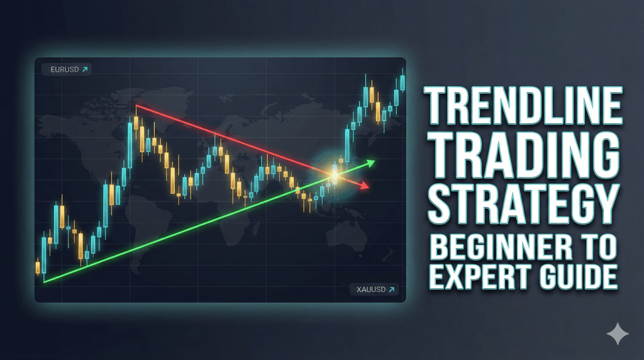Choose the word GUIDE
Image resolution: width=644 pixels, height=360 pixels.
575,277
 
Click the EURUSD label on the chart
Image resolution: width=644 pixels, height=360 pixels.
64,69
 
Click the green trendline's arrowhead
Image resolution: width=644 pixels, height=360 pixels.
370,163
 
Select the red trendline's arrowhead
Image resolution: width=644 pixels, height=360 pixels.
365,185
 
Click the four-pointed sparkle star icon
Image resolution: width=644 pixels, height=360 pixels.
618,334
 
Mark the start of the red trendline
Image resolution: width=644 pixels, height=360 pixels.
136,106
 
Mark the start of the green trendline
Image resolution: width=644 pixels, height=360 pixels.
45,281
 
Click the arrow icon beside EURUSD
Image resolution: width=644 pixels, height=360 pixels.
85,69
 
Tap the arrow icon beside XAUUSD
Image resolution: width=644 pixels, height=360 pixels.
391,290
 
